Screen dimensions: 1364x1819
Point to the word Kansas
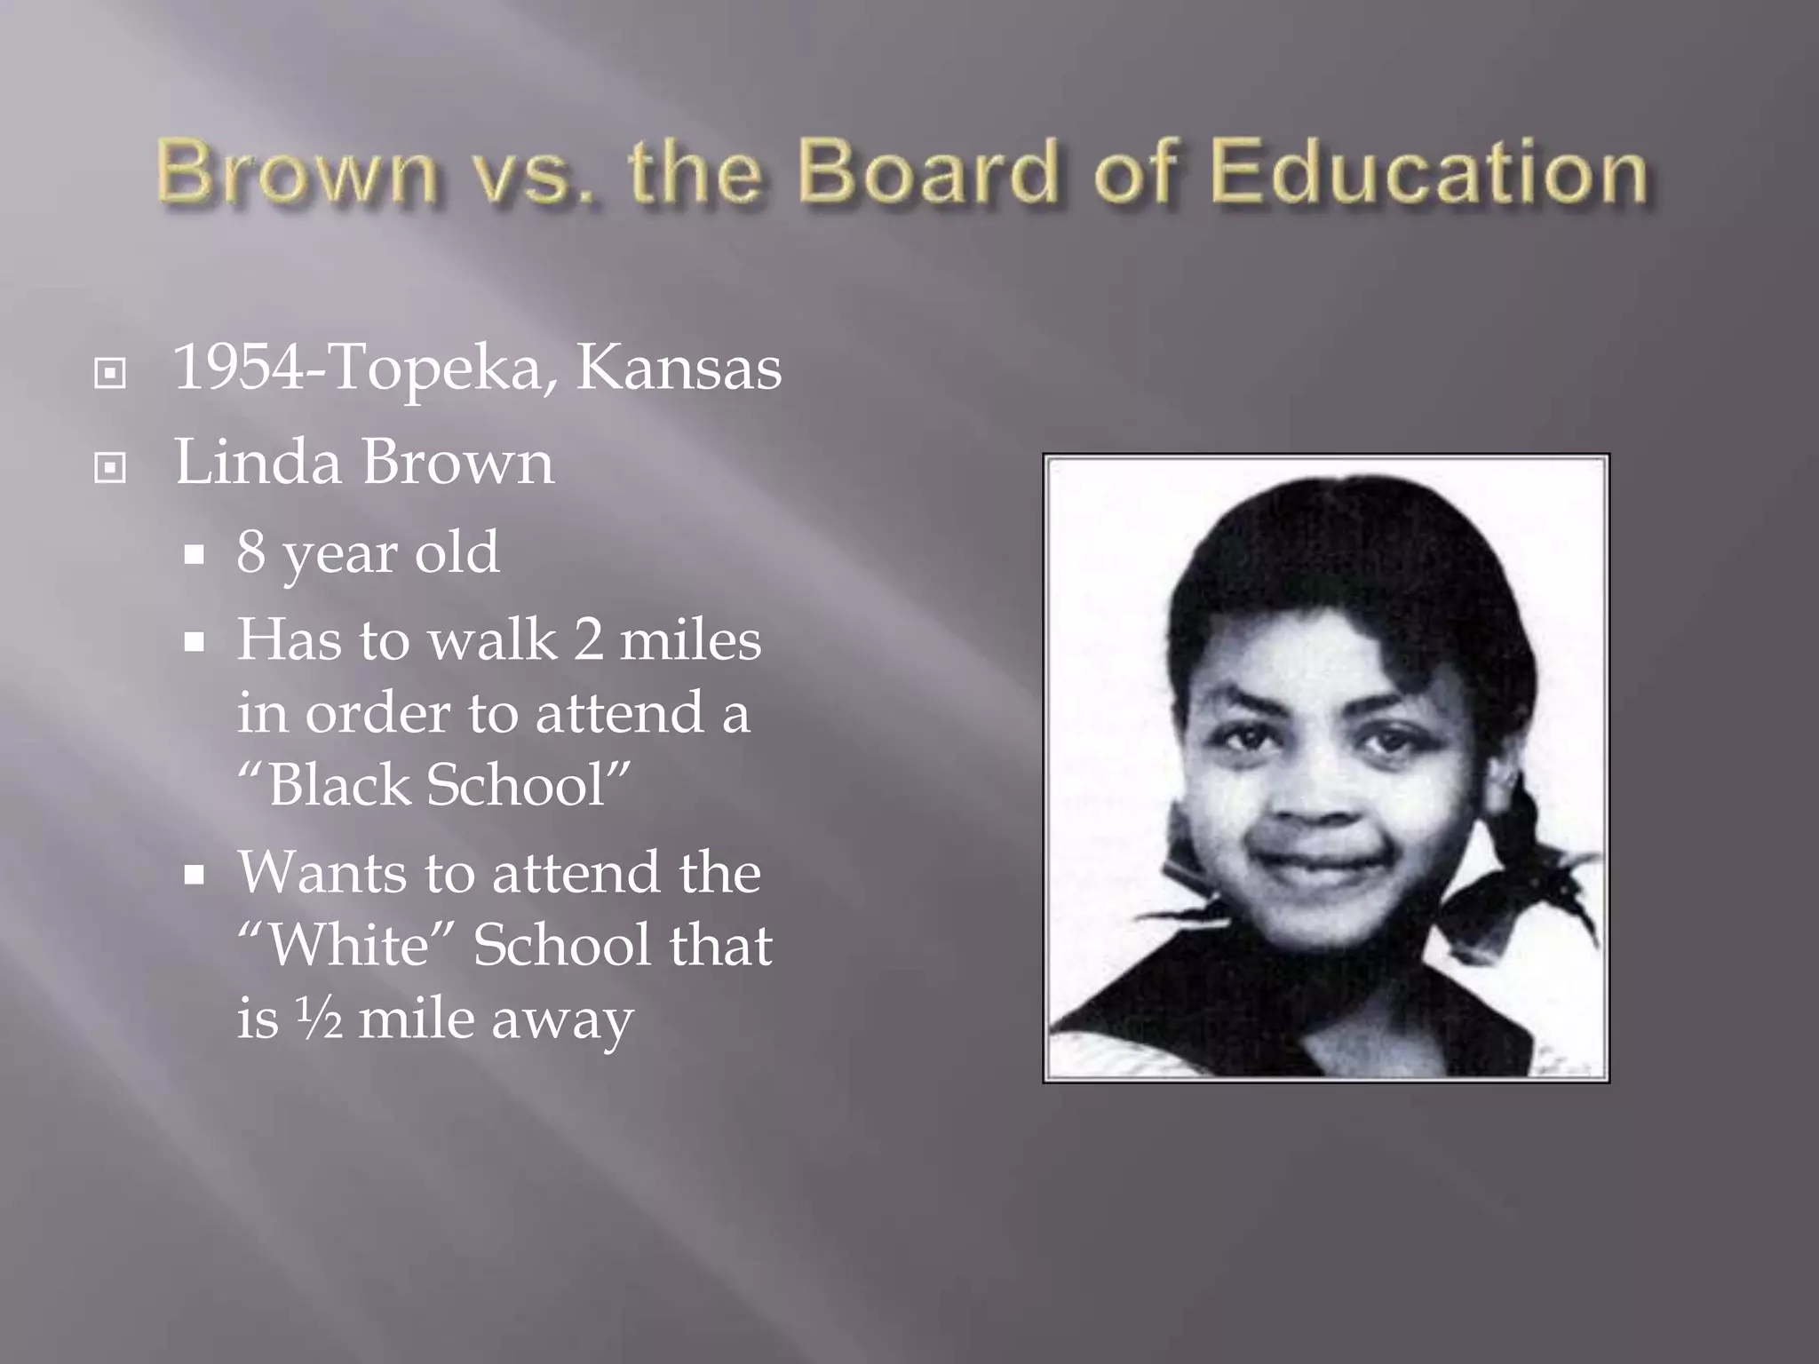[x=679, y=367]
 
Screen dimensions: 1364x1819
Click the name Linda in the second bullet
[x=258, y=462]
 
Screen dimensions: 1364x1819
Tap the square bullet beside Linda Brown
[x=109, y=467]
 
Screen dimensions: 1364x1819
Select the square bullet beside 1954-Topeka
[x=109, y=373]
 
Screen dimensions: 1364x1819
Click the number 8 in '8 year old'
[x=250, y=551]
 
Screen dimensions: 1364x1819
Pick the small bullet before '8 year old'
[x=195, y=557]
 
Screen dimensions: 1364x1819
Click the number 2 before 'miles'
[x=588, y=639]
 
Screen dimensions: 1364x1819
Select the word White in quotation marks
[x=348, y=944]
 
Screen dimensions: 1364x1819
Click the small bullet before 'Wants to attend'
[x=195, y=876]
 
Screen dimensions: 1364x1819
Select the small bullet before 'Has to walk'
[x=195, y=643]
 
